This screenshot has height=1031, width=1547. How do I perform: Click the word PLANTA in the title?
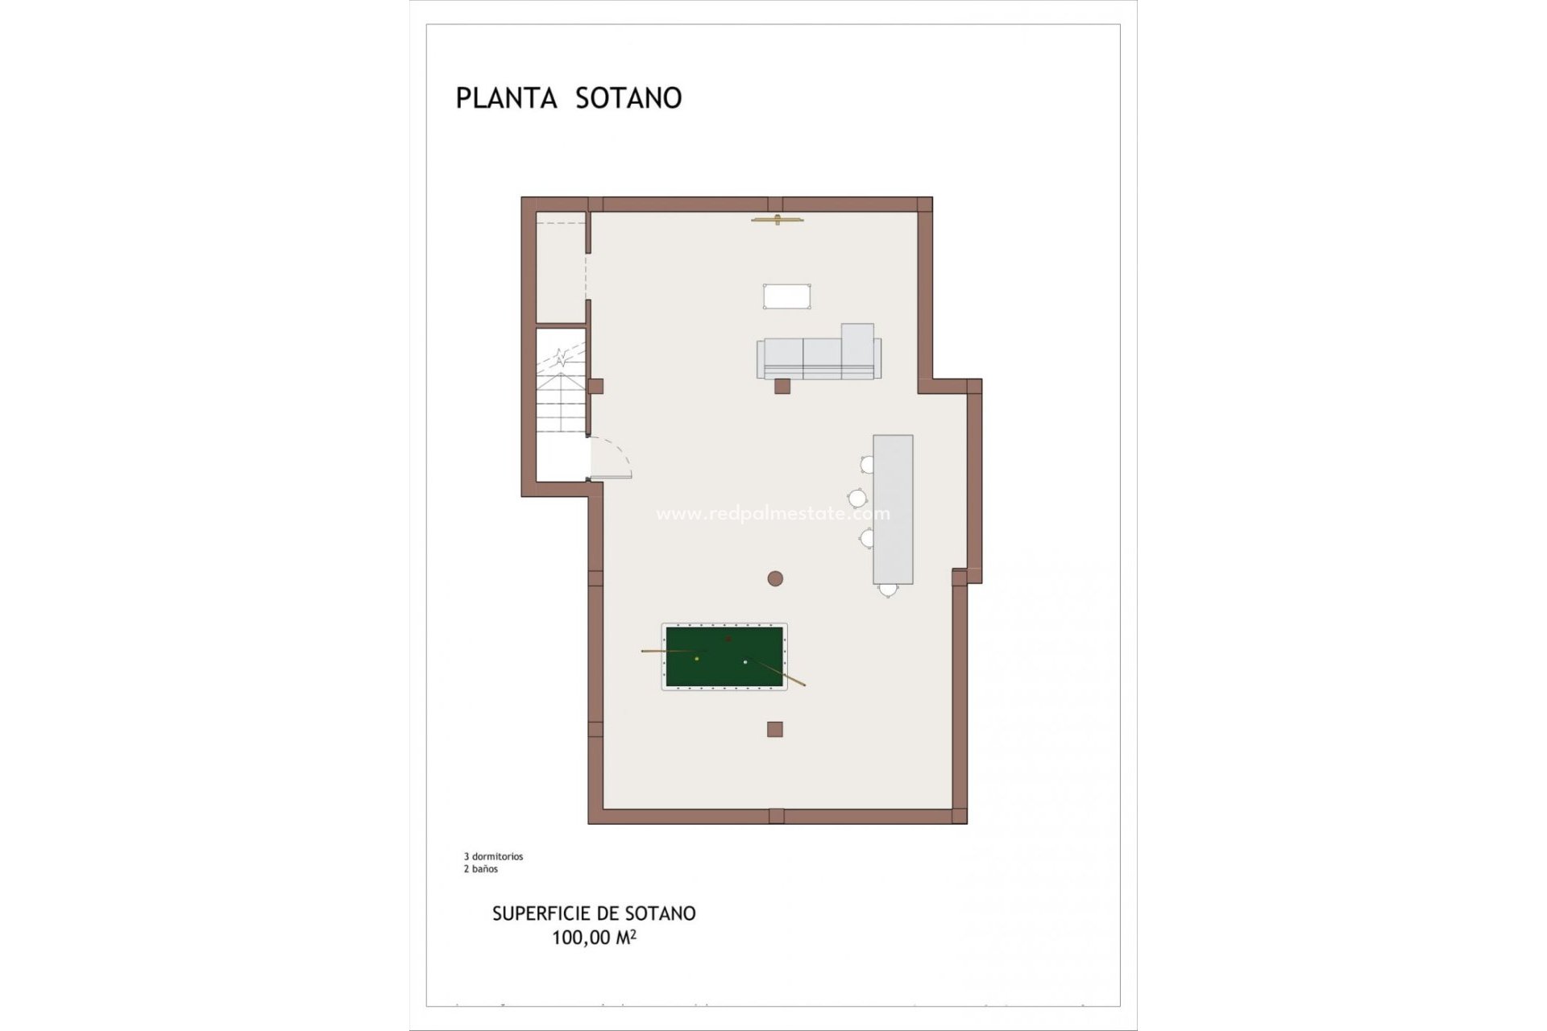pyautogui.click(x=506, y=98)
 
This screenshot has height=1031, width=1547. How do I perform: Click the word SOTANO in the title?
pyautogui.click(x=628, y=98)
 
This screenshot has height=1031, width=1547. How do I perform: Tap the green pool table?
pyautogui.click(x=724, y=656)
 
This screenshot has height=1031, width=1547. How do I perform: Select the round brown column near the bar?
pyautogui.click(x=775, y=578)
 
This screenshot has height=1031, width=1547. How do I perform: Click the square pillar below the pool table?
pyautogui.click(x=775, y=730)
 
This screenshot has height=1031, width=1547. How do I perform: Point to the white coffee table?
pyautogui.click(x=786, y=296)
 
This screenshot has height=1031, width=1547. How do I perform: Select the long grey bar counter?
pyautogui.click(x=893, y=509)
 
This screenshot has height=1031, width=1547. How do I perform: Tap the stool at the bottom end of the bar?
pyautogui.click(x=888, y=590)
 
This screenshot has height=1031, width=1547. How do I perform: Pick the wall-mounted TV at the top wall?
pyautogui.click(x=778, y=219)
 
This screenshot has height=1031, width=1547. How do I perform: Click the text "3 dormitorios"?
pyautogui.click(x=493, y=856)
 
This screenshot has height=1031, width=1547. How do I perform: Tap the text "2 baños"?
pyautogui.click(x=480, y=869)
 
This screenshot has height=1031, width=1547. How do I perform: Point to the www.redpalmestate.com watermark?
pyautogui.click(x=773, y=514)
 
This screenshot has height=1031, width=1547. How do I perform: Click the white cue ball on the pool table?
pyautogui.click(x=745, y=662)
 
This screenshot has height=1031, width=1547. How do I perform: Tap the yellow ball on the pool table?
pyautogui.click(x=697, y=659)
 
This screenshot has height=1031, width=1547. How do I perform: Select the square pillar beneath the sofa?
pyautogui.click(x=782, y=387)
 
